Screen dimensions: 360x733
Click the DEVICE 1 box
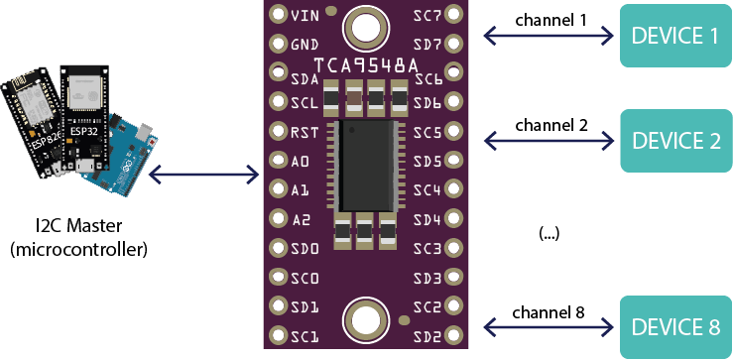click(x=675, y=36)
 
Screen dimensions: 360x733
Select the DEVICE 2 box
click(x=675, y=140)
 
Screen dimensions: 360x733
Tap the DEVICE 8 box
click(x=675, y=326)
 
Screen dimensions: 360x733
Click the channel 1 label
click(x=550, y=20)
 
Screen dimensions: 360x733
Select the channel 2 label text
click(x=550, y=125)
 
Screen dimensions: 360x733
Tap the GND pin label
click(x=305, y=45)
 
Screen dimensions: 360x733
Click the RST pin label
click(x=305, y=132)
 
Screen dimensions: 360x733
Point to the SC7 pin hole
click(x=454, y=15)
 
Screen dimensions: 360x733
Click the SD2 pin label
click(x=428, y=336)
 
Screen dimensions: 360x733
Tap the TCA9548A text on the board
click(x=357, y=72)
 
